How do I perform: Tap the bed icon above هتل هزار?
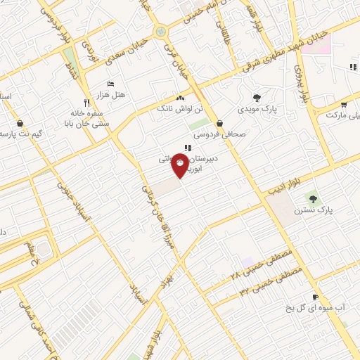(x=110, y=84)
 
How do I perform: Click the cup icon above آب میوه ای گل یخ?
(x=316, y=297)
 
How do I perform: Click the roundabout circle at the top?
(x=162, y=32)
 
